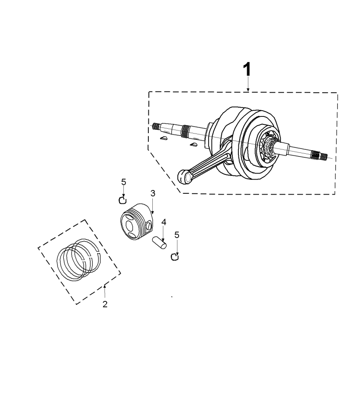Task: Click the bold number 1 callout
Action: pyautogui.click(x=247, y=69)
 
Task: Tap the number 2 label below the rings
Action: pyautogui.click(x=105, y=304)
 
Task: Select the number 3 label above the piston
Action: pyautogui.click(x=153, y=193)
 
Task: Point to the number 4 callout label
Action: pyautogui.click(x=164, y=222)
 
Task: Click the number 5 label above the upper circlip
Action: pyautogui.click(x=123, y=182)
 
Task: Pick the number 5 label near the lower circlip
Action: pyautogui.click(x=176, y=235)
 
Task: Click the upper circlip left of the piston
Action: pyautogui.click(x=123, y=200)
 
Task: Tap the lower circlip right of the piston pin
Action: pyautogui.click(x=175, y=257)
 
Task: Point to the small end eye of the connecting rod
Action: pyautogui.click(x=184, y=177)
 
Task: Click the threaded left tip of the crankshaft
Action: pyautogui.click(x=155, y=126)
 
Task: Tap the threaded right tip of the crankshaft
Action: pyautogui.click(x=324, y=156)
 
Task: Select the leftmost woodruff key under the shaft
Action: pyautogui.click(x=163, y=139)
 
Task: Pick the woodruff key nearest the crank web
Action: pyautogui.click(x=194, y=145)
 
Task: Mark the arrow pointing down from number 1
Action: pyautogui.click(x=248, y=84)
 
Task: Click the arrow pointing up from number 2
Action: pyautogui.click(x=104, y=292)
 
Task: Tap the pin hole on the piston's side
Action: pyautogui.click(x=149, y=226)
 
